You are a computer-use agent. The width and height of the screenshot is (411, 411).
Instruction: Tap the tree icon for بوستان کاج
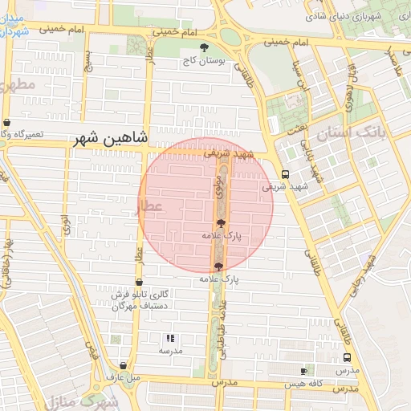[x=205, y=47]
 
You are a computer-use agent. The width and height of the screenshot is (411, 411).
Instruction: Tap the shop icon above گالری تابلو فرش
[x=140, y=282]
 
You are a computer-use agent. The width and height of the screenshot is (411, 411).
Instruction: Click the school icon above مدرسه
[x=169, y=339]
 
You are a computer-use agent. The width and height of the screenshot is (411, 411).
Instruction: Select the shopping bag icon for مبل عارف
[x=123, y=364]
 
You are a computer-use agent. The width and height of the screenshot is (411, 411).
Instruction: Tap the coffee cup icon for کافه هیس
[x=303, y=371]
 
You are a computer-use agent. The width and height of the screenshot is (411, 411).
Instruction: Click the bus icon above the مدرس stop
[x=347, y=358]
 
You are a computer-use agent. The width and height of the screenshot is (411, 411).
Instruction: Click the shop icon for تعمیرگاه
[x=7, y=123]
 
